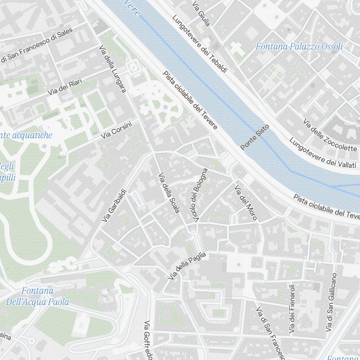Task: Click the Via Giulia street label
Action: pos(201,14)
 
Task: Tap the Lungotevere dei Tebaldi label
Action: pos(199,44)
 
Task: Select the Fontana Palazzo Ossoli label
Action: pos(299,46)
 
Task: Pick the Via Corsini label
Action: pos(116,130)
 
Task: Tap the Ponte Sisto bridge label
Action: pos(255,137)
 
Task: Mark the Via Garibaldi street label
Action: pos(113,205)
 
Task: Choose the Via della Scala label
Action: pos(169,193)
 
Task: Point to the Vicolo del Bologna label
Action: pos(199,195)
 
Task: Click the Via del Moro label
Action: pos(246,202)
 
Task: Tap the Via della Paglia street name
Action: pos(187,266)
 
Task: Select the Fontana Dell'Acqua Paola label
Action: pos(37,296)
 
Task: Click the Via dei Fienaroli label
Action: pos(292,309)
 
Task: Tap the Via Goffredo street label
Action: pos(149,341)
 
